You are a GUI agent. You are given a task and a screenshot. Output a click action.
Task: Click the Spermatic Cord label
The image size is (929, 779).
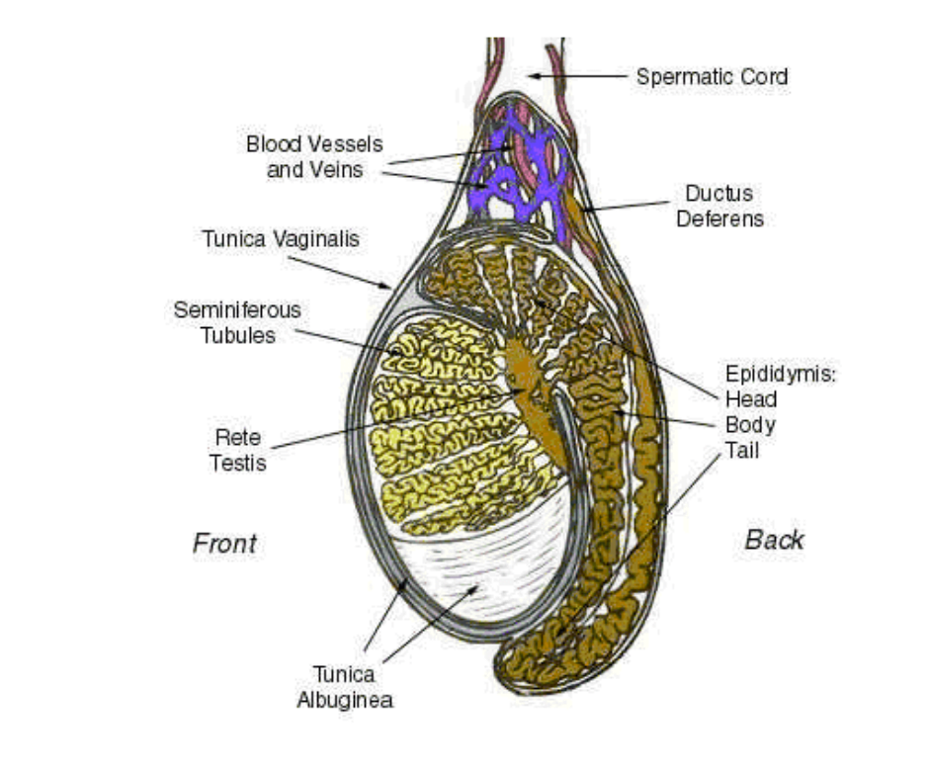coord(711,76)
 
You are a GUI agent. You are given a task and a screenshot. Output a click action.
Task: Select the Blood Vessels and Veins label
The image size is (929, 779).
coord(314,156)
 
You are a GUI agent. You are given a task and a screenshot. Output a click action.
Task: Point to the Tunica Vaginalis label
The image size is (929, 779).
coord(281,238)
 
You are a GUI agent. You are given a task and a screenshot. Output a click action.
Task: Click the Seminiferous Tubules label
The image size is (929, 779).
coord(237,322)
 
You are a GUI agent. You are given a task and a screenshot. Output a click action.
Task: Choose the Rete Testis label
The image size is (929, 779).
coord(237,449)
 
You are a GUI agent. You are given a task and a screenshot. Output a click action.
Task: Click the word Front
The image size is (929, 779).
coord(224,543)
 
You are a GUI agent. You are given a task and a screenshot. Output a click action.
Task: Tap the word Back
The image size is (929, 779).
coord(773,540)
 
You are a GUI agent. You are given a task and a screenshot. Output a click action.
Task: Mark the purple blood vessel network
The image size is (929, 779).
coord(514,168)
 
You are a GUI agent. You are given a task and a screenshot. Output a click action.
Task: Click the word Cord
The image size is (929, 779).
coord(763,76)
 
